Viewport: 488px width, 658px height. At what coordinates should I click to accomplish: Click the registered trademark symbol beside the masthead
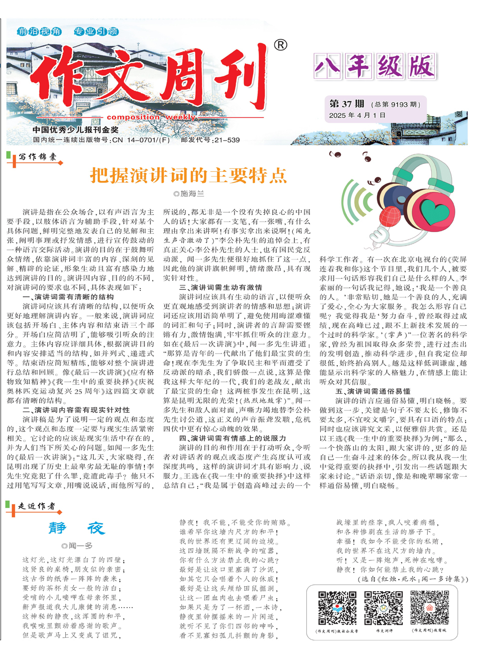(x=280, y=45)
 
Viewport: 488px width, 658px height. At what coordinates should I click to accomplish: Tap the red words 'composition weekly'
(x=151, y=118)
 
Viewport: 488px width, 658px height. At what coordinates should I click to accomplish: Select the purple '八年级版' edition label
(x=375, y=66)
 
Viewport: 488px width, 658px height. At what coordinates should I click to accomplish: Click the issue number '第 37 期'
(x=347, y=104)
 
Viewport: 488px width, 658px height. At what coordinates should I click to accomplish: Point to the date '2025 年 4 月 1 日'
(x=357, y=115)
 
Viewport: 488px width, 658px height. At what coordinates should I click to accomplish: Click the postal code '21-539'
(x=227, y=140)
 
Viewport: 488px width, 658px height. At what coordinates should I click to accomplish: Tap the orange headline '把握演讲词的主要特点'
(x=188, y=175)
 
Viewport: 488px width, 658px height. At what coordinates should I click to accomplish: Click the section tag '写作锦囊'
(x=37, y=157)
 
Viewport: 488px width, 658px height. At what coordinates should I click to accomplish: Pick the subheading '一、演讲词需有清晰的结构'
(x=68, y=297)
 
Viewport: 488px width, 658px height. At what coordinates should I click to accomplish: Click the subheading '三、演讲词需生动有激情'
(x=221, y=287)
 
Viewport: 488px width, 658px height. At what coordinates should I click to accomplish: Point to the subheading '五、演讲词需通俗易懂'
(x=373, y=391)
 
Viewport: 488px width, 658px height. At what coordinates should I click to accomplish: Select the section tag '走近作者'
(x=37, y=506)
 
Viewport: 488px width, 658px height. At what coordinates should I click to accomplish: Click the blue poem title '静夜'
(x=77, y=528)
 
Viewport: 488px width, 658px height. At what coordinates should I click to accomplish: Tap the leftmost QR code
(x=337, y=608)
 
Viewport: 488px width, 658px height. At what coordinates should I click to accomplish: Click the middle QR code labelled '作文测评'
(x=383, y=608)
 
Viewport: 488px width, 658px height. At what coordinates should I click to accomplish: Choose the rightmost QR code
(x=429, y=608)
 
